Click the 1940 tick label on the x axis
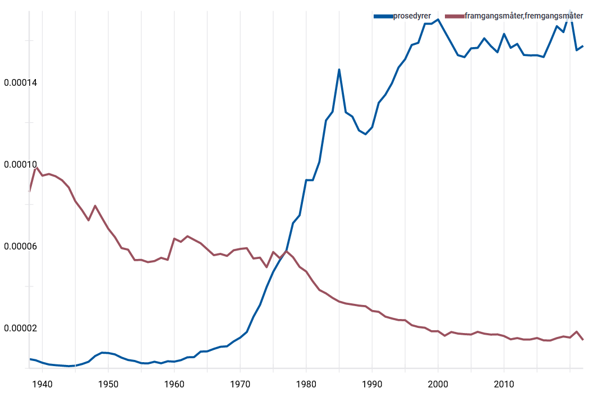click(42, 384)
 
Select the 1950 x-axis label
click(108, 384)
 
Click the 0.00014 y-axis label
click(21, 83)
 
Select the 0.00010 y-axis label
click(21, 165)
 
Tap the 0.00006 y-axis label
click(21, 247)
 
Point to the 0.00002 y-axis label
click(21, 329)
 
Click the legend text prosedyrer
click(412, 16)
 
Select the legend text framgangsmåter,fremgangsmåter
click(523, 16)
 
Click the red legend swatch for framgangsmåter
click(454, 16)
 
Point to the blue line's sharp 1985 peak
click(339, 70)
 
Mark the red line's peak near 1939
click(36, 167)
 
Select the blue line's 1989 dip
click(365, 135)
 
